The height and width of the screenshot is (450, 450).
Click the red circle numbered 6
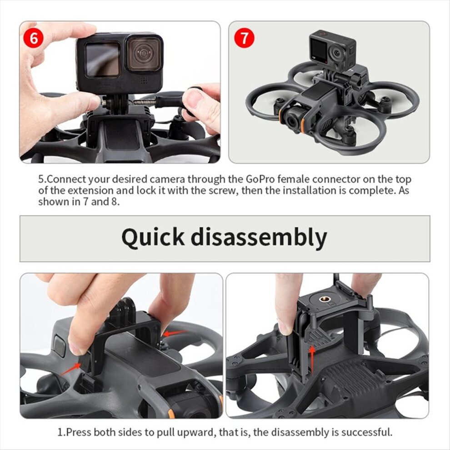34,38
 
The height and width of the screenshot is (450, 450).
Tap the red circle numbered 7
244,38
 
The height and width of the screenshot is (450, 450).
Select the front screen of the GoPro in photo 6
103,60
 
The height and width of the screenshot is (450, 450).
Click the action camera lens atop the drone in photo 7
337,53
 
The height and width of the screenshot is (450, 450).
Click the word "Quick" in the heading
153,238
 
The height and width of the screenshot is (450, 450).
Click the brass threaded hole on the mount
322,300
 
